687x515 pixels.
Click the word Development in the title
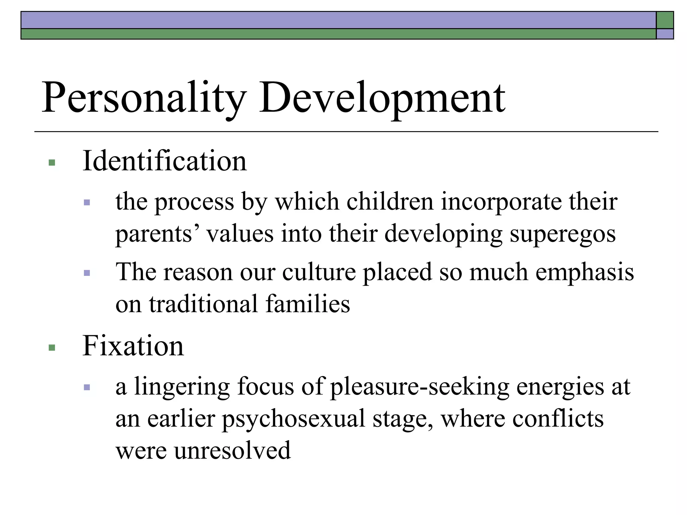382,98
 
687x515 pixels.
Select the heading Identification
164,161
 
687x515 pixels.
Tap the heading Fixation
133,346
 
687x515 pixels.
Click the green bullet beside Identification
52,163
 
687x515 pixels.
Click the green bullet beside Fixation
52,347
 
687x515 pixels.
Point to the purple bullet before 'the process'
87,203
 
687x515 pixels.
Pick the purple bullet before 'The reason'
87,273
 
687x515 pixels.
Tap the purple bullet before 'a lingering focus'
87,388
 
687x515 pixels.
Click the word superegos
563,234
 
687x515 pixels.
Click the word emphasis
584,272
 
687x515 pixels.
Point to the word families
308,304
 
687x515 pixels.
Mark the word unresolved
232,451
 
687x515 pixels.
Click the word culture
319,272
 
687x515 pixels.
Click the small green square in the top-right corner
665,20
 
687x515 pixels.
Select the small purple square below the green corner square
665,34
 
